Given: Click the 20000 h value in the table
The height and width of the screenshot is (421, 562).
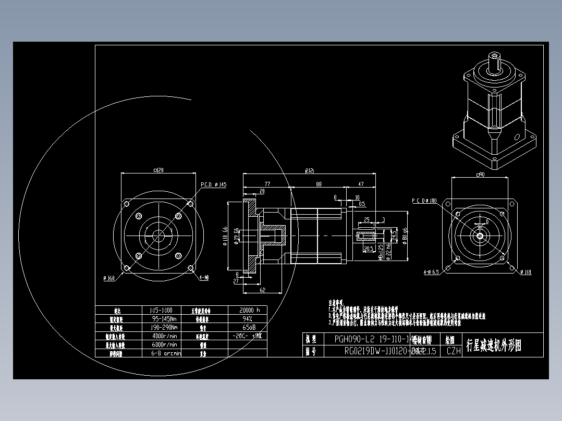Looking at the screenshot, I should [x=248, y=309].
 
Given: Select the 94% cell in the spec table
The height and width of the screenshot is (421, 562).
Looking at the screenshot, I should [x=248, y=318].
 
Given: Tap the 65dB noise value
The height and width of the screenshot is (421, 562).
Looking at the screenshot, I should [x=248, y=327].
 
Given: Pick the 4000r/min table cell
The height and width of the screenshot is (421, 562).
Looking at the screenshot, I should [x=164, y=336].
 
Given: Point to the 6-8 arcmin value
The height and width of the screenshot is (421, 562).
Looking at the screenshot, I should [x=164, y=353].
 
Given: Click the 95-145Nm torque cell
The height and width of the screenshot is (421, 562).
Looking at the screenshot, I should [x=164, y=318].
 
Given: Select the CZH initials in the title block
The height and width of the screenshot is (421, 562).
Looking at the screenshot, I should [x=454, y=351].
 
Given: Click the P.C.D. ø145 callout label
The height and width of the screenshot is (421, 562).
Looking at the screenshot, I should [x=214, y=185].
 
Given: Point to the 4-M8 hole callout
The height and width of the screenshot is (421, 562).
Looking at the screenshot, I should [x=204, y=278].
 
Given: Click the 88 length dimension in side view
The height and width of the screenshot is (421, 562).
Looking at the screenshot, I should [x=319, y=184].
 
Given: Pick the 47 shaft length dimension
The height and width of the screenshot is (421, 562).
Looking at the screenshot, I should [x=360, y=184].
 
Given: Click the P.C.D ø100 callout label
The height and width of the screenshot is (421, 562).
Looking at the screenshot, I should [x=424, y=201].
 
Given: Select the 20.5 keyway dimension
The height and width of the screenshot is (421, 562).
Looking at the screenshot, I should [x=369, y=249].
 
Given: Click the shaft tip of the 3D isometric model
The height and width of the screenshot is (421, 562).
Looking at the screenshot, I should [x=493, y=56].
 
